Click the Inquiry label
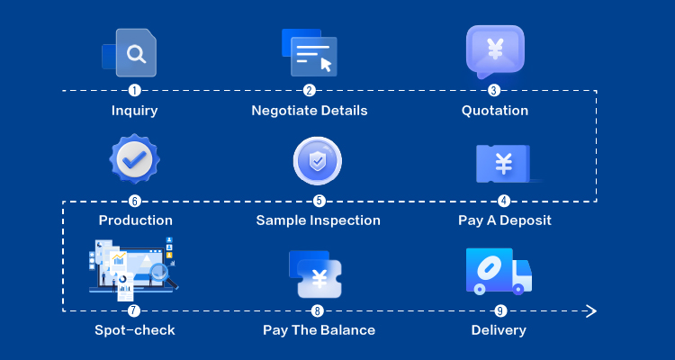[x=134, y=111]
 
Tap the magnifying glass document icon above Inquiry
[x=129, y=52]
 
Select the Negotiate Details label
[x=309, y=111]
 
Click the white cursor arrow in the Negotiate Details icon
[x=326, y=65]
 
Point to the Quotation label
[x=495, y=111]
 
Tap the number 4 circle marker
[x=504, y=201]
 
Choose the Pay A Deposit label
[x=505, y=220]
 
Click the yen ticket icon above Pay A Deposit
[x=504, y=164]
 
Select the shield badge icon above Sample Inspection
[x=318, y=161]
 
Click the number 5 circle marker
[x=319, y=201]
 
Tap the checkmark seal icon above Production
[x=134, y=159]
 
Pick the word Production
[x=136, y=220]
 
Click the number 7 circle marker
[x=134, y=310]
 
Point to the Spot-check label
[x=135, y=330]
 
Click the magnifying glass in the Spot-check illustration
[x=161, y=274]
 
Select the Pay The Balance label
[x=319, y=330]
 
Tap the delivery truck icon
[x=499, y=271]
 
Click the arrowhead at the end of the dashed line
[x=592, y=310]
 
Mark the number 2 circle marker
[x=309, y=91]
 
